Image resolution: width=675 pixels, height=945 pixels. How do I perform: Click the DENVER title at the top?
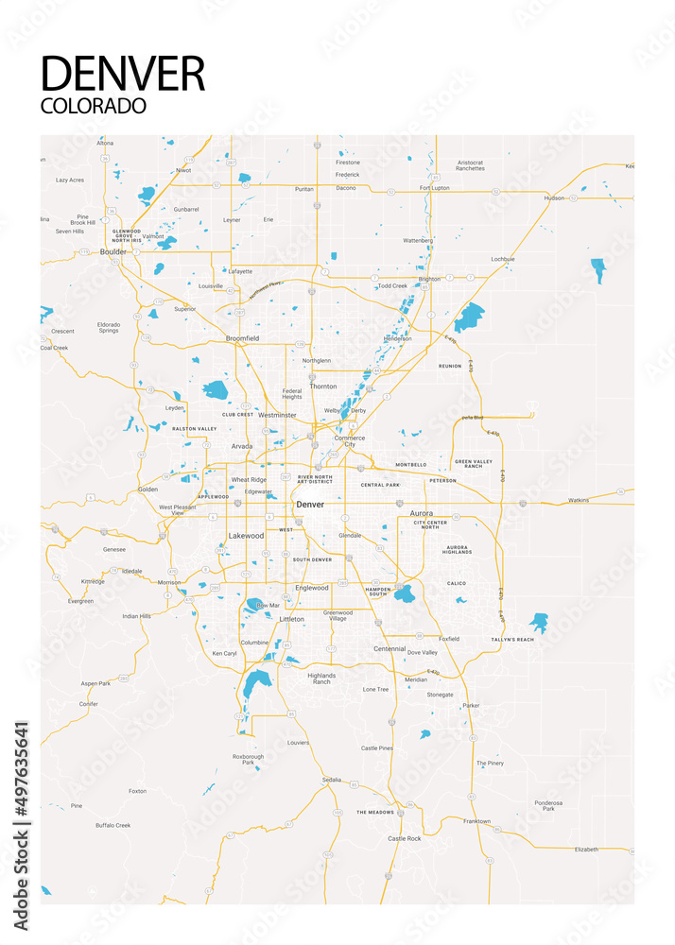(x=123, y=73)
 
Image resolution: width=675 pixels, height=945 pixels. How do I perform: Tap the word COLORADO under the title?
(x=94, y=105)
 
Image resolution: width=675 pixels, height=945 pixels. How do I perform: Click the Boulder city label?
(x=113, y=252)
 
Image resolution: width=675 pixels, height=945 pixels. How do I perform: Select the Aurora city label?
(x=421, y=513)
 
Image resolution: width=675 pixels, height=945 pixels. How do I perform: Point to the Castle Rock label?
(x=404, y=838)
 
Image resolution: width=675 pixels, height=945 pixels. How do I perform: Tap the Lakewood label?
(x=246, y=536)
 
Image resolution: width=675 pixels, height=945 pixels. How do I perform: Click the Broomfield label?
(x=242, y=337)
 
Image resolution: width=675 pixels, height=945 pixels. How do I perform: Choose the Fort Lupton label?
(x=435, y=187)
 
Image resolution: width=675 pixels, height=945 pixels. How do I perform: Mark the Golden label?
(x=147, y=489)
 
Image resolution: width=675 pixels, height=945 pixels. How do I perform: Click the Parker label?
(x=471, y=705)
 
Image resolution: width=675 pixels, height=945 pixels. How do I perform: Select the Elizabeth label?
(x=586, y=849)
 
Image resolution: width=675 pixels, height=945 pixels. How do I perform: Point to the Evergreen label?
(x=81, y=600)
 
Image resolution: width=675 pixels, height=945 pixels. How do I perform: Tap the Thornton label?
(x=323, y=387)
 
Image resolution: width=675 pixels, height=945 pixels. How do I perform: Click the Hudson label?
(x=554, y=198)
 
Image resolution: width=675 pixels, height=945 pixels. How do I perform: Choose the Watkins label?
(x=579, y=500)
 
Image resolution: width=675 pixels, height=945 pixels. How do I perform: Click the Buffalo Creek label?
(x=112, y=825)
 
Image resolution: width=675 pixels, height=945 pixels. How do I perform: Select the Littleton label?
(x=292, y=619)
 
